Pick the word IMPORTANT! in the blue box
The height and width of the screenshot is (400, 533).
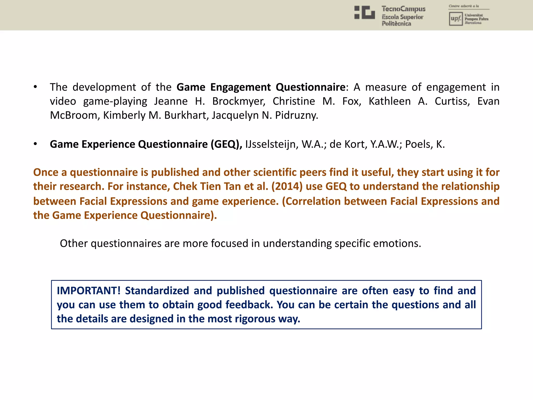point(89,291)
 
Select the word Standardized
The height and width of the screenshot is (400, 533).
point(157,291)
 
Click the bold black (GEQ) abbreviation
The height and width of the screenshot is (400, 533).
point(226,144)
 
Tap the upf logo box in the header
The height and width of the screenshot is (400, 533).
point(456,19)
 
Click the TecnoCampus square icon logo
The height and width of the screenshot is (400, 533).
point(365,12)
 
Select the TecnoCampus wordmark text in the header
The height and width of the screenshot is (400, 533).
point(403,9)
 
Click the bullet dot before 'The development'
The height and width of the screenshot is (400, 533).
point(35,87)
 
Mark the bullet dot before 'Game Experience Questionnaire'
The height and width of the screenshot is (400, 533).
point(35,144)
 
